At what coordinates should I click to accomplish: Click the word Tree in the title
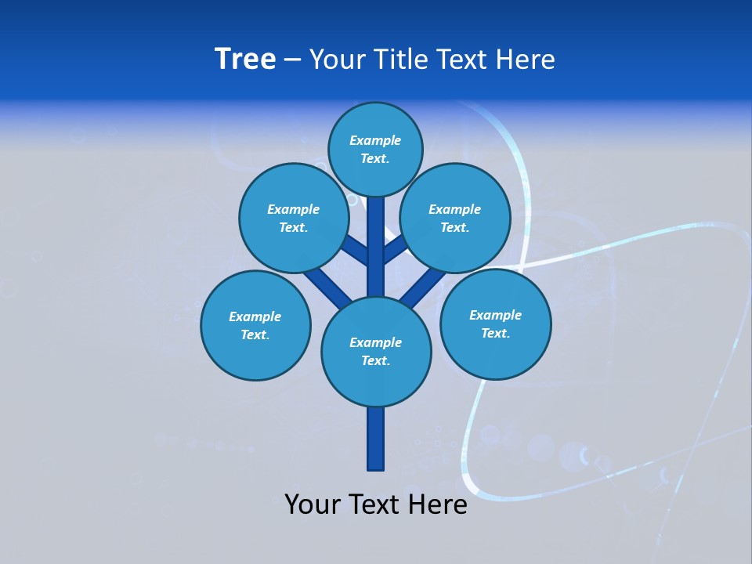pos(245,60)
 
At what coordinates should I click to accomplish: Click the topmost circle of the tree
pos(375,149)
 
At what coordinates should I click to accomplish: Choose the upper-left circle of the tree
pos(294,218)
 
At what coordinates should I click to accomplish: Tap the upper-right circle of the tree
pos(455,218)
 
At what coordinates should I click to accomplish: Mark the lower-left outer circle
pos(255,325)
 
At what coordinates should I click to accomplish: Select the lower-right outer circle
pos(495,324)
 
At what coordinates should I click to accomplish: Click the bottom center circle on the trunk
pos(376,351)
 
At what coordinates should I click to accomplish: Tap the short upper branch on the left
pos(354,249)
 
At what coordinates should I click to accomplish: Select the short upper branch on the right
pos(396,249)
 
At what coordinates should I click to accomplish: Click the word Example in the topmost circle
pos(375,140)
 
